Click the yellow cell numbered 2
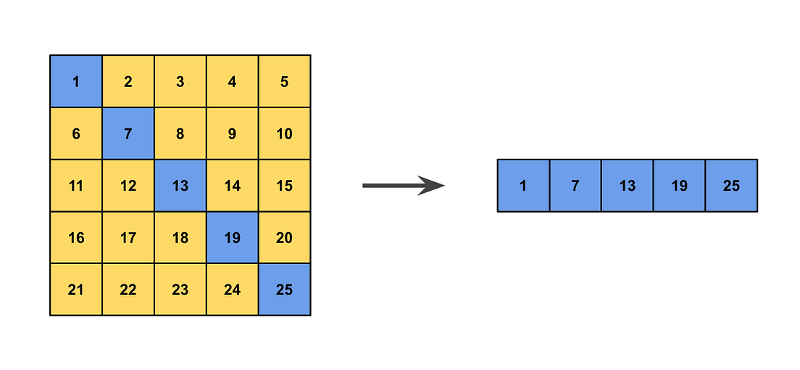[x=128, y=81]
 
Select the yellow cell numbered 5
[x=285, y=81]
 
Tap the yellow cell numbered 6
[x=76, y=133]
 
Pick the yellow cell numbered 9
[x=233, y=133]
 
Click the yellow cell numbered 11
[x=76, y=186]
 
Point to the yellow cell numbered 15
[x=285, y=186]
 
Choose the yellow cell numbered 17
[x=128, y=238]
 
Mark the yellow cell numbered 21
[x=76, y=290]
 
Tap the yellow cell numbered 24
[x=233, y=290]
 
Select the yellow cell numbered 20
[x=285, y=238]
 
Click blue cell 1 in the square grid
[x=76, y=81]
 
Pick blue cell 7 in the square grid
[x=128, y=133]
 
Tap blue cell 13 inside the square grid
[x=180, y=186]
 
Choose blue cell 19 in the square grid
[x=233, y=238]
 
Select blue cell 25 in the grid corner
[x=285, y=290]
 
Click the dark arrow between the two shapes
[x=403, y=186]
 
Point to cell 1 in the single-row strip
[x=523, y=186]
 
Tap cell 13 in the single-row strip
[x=628, y=186]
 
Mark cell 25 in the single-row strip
[x=732, y=186]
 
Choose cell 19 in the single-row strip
[x=680, y=186]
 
